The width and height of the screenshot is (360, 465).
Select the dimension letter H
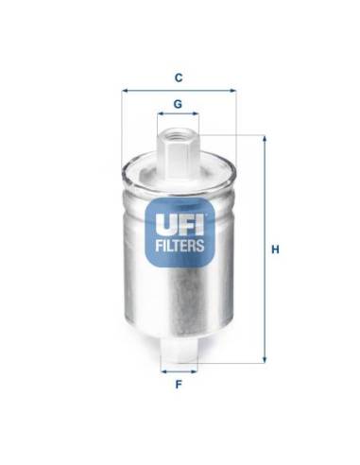[x=274, y=250]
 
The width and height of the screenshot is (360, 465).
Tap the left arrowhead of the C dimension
[x=124, y=92]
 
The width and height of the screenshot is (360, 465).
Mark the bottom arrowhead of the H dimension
[x=265, y=362]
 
